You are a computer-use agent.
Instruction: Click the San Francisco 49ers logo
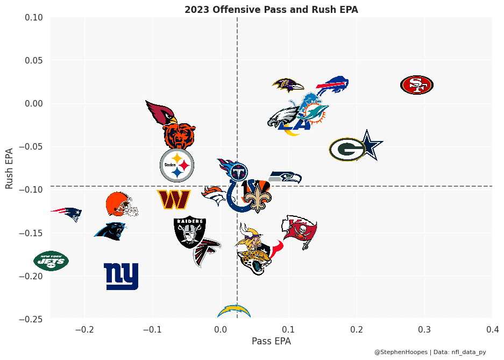[417, 84]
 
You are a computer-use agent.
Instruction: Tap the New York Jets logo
[51, 261]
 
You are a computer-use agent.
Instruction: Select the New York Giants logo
[121, 276]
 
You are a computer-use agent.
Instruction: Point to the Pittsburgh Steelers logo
[177, 165]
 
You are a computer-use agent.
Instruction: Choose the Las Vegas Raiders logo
[189, 232]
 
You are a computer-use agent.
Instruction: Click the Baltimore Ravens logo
[288, 85]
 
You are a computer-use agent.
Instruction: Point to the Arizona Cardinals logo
[161, 112]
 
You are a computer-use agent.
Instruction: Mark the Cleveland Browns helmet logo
[120, 204]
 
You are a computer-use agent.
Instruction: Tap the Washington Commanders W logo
[174, 200]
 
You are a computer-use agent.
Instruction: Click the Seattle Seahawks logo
[285, 177]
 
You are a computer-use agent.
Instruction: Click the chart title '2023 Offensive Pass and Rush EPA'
[271, 10]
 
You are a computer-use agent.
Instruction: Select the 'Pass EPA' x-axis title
[271, 341]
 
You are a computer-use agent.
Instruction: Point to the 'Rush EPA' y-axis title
[10, 168]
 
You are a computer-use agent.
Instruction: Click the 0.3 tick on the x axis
[424, 329]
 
